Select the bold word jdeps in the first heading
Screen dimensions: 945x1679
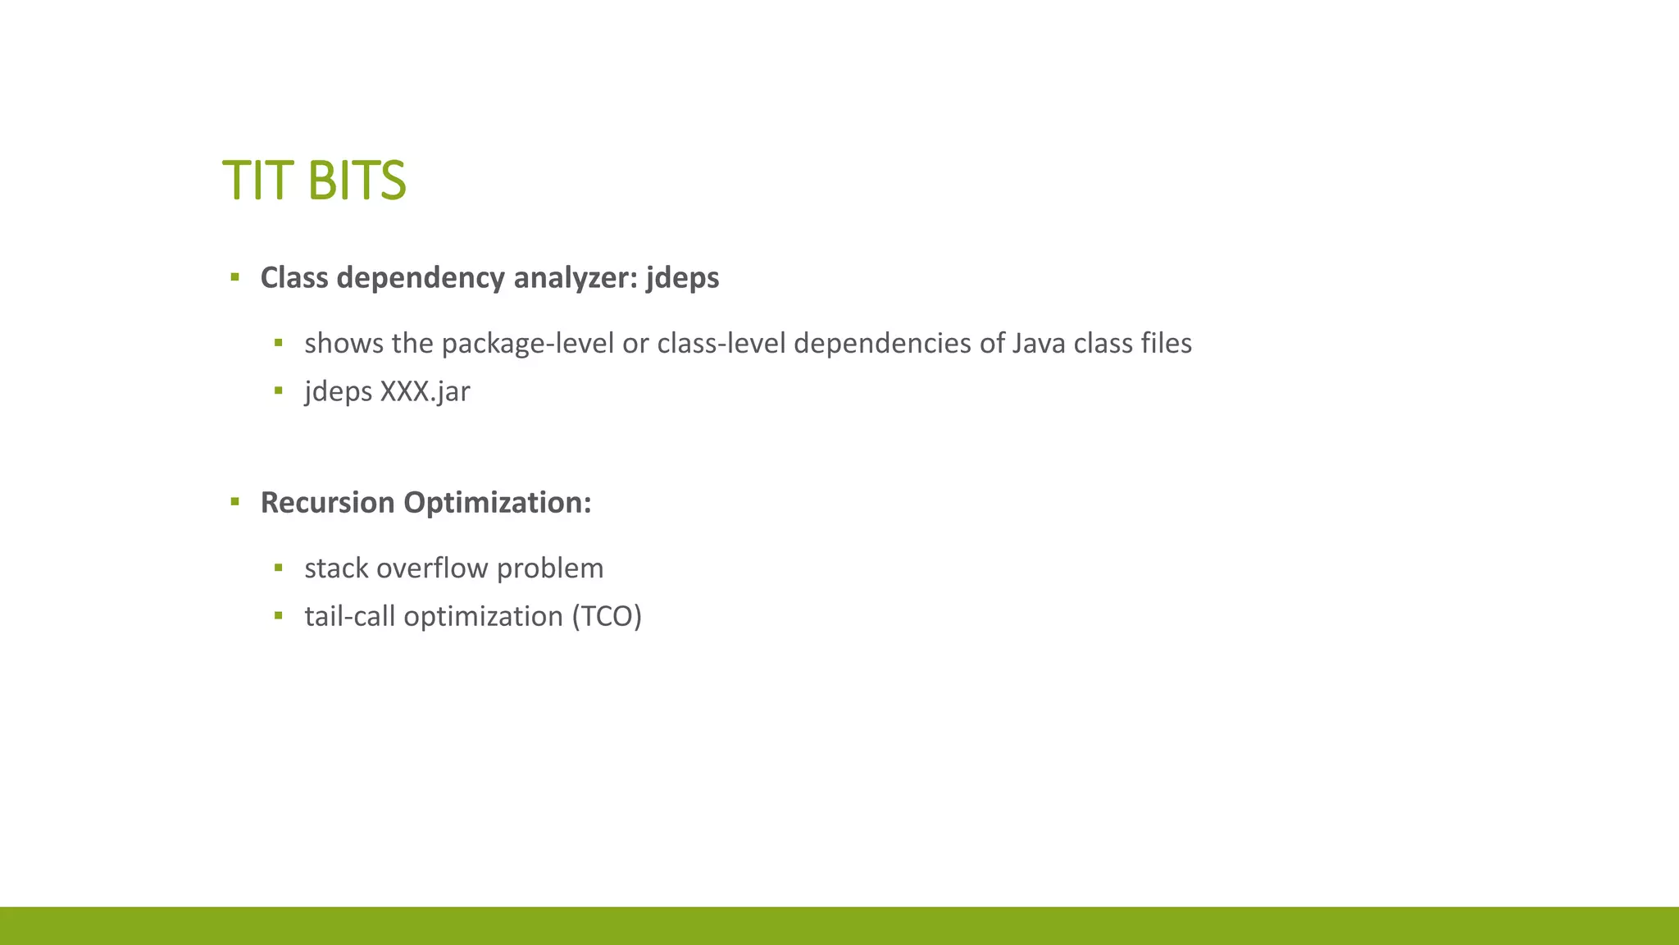[682, 278]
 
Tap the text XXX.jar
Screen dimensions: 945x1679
[425, 391]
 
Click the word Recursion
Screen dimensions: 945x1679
[327, 502]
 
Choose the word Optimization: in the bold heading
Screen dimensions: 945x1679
[497, 502]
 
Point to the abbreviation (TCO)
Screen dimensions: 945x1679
[607, 616]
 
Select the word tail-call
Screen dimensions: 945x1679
[350, 616]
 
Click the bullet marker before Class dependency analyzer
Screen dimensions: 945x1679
[235, 277]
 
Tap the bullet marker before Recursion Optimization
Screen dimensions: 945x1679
[235, 501]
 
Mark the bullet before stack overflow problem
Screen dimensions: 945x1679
[279, 567]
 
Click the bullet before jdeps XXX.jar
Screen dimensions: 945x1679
[279, 390]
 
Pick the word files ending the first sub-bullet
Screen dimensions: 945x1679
[1166, 343]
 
